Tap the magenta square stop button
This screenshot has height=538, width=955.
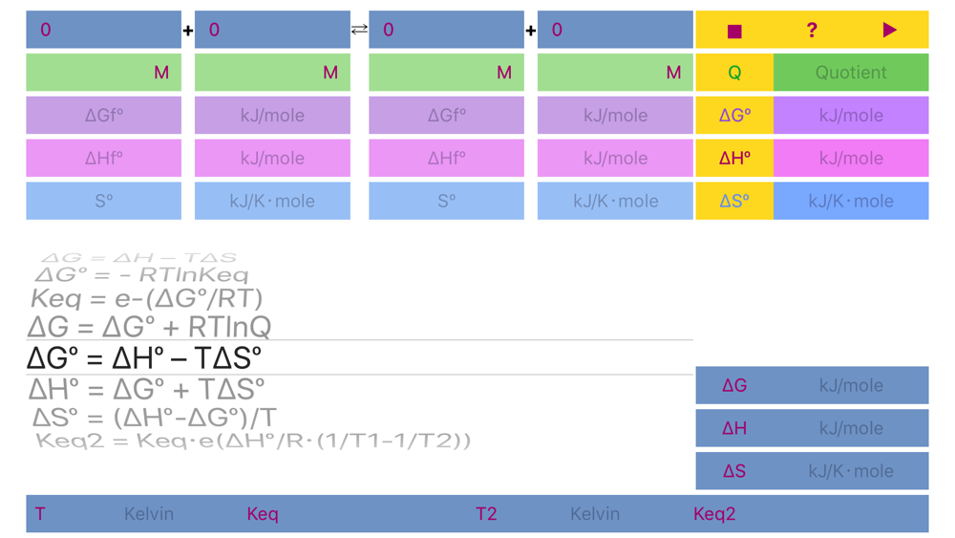(734, 31)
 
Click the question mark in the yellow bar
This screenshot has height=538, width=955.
(812, 31)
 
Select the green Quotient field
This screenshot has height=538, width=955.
(850, 73)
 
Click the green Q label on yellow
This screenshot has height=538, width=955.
(734, 73)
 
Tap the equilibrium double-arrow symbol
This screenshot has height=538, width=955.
(359, 30)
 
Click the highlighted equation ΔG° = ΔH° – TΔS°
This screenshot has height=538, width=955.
(144, 358)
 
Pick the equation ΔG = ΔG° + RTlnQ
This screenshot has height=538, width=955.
(149, 327)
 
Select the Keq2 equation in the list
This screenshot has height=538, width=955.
(253, 441)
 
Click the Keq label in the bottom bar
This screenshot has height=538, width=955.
(263, 514)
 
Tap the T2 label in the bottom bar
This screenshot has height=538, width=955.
(486, 514)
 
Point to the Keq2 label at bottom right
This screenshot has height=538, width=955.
(714, 514)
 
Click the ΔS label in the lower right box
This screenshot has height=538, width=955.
(734, 471)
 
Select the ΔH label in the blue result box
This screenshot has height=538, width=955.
(734, 428)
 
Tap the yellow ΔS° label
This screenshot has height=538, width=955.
(734, 201)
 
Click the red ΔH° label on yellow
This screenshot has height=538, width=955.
(734, 159)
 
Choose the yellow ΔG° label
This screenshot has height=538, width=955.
(734, 116)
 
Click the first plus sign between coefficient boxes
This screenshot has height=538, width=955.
(188, 31)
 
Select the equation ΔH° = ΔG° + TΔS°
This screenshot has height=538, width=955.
(146, 389)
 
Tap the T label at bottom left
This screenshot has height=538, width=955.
(40, 514)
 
